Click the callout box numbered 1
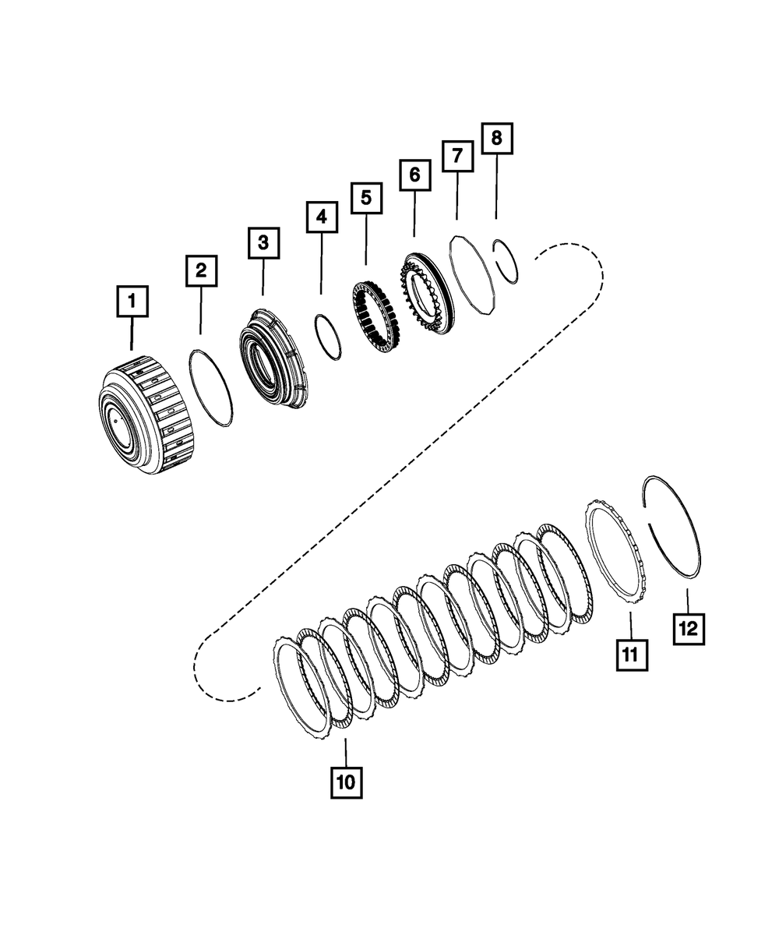[132, 300]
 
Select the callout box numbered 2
[201, 271]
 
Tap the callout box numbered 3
[263, 243]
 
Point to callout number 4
[322, 217]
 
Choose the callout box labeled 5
[366, 198]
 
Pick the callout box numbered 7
[456, 156]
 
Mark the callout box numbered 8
[496, 139]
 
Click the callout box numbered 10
[346, 782]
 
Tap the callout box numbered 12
[688, 628]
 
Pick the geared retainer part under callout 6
[425, 292]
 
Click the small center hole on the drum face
[115, 420]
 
